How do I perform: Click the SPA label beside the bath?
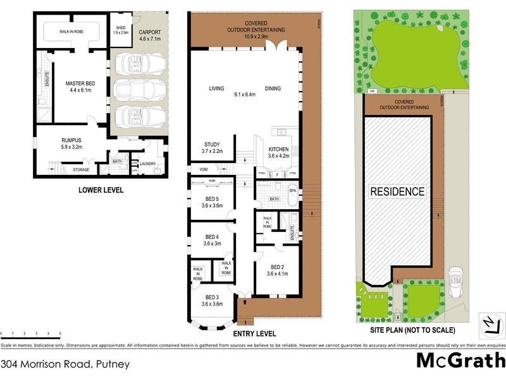click(292, 190)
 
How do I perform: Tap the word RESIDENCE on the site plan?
click(397, 191)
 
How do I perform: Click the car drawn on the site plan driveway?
click(455, 282)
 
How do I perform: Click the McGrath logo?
click(460, 361)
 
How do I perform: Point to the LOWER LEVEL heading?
click(101, 190)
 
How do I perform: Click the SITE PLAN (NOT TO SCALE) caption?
click(412, 330)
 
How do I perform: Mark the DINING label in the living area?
click(273, 89)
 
